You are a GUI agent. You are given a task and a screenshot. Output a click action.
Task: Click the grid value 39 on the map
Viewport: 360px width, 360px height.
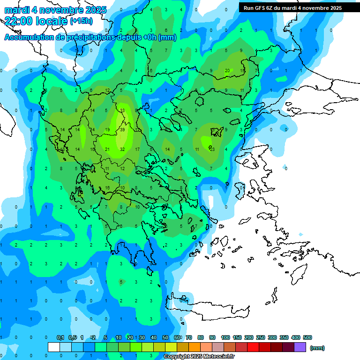(122, 129)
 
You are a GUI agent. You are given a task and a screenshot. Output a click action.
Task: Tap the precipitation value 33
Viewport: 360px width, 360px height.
(122, 110)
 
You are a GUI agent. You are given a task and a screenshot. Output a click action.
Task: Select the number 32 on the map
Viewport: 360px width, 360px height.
(122, 149)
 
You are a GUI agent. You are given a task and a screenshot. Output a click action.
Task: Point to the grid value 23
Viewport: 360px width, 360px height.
(212, 149)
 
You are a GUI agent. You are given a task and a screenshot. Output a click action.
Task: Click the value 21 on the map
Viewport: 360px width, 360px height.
(107, 149)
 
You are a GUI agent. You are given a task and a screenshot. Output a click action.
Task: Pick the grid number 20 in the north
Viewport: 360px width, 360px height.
(227, 71)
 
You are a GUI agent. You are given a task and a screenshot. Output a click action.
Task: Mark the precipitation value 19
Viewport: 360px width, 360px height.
(107, 129)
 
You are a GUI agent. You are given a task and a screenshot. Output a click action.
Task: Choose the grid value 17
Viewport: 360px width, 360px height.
(137, 149)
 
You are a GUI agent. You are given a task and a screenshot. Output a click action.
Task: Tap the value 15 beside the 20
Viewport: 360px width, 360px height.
(242, 71)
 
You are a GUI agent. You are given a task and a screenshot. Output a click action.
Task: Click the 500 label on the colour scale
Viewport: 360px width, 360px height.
(307, 337)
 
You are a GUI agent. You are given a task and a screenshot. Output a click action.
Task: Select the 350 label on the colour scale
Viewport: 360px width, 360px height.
(284, 337)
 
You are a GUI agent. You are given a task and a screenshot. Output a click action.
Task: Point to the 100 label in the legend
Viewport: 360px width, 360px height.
(225, 337)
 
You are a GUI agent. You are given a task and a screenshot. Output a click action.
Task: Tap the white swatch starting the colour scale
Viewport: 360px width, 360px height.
(54, 347)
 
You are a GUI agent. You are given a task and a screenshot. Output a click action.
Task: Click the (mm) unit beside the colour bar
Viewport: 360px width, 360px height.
(317, 348)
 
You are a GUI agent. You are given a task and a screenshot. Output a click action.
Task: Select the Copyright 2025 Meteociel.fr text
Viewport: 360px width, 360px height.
(199, 357)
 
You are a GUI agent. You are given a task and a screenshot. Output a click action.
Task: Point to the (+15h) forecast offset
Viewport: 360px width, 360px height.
(81, 21)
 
